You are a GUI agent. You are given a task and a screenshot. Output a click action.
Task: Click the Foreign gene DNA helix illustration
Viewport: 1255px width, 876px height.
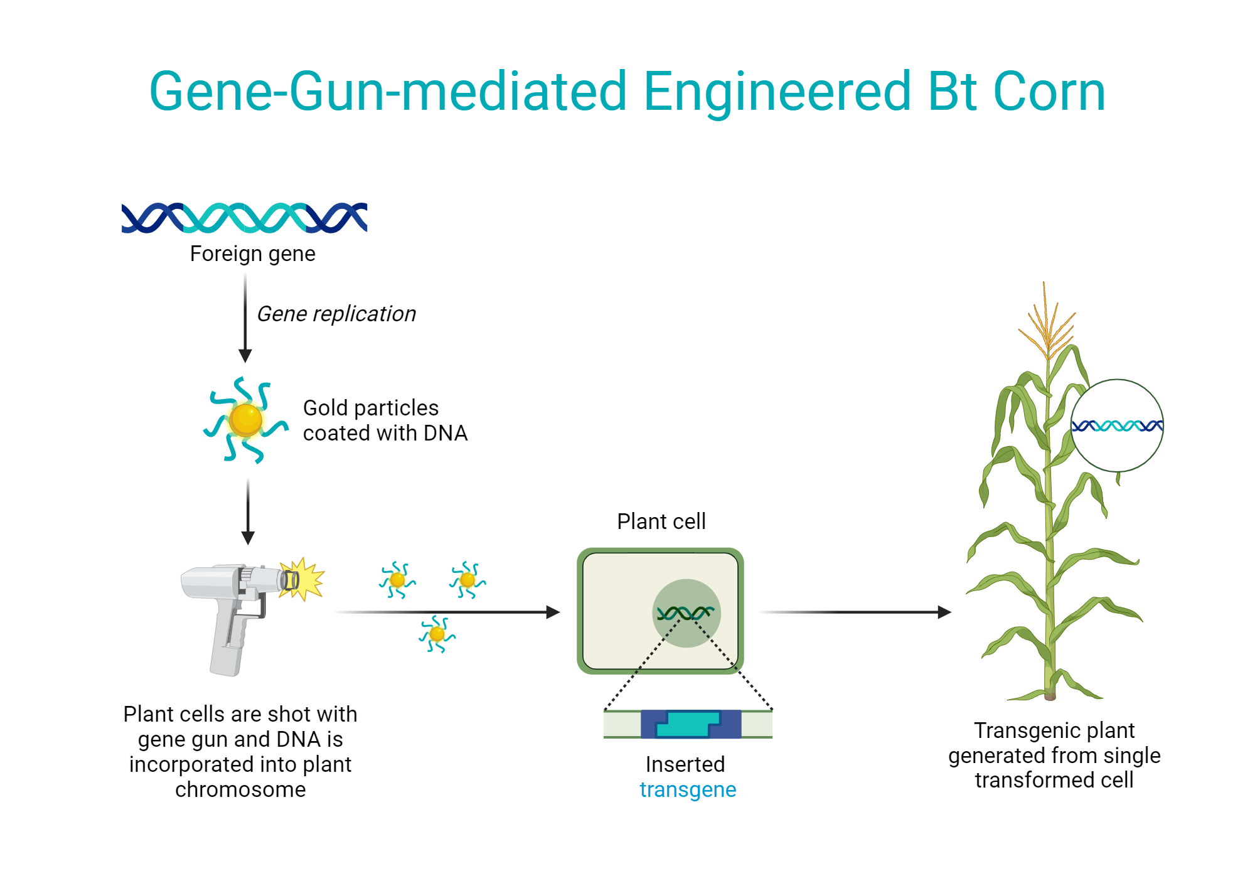click(x=244, y=218)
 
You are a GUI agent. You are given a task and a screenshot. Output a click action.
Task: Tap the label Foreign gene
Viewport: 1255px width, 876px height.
click(x=252, y=254)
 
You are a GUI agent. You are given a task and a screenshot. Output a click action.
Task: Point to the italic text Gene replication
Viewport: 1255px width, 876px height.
click(x=336, y=314)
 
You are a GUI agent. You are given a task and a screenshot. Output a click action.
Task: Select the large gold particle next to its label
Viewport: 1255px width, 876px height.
click(x=245, y=420)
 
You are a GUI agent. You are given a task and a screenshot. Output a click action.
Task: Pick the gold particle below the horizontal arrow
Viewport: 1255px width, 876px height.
click(x=437, y=634)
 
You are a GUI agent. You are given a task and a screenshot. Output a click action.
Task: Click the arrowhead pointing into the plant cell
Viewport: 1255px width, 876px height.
click(x=552, y=612)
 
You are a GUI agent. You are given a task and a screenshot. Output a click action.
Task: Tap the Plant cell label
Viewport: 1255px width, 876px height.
click(x=661, y=521)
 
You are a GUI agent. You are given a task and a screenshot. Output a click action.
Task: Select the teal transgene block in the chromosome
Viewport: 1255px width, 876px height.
click(x=688, y=724)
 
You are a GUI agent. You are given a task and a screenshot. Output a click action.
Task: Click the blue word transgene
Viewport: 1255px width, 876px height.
click(x=688, y=789)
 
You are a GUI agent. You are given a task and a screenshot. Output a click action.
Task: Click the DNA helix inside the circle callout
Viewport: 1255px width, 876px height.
click(x=1117, y=426)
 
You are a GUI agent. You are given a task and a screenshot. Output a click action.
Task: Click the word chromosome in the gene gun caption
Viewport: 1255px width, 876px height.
click(x=240, y=789)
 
